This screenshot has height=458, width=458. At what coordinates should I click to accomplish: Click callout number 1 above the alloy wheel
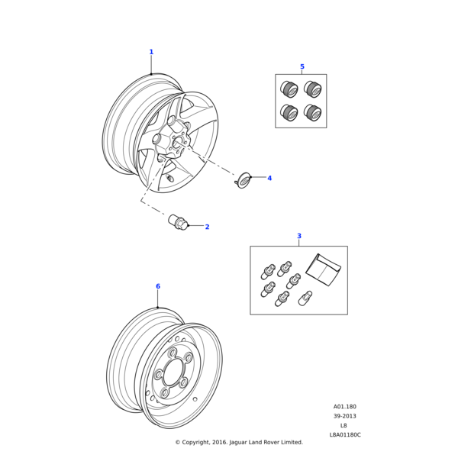pos(151,52)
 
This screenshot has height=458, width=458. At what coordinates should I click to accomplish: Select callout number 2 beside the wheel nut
pos(207,227)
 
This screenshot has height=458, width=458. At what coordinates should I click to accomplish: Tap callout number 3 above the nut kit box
pos(299,236)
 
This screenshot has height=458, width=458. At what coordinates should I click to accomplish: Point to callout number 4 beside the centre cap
pos(269,178)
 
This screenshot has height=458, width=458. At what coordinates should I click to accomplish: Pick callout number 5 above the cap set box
pos(302,66)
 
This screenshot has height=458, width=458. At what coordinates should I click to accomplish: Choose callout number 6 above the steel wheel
pos(158,286)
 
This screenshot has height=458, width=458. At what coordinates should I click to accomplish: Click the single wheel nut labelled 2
pos(179,223)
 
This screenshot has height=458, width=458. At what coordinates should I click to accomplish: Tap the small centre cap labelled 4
pos(244,180)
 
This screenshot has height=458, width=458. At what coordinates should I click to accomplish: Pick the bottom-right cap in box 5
pos(312,112)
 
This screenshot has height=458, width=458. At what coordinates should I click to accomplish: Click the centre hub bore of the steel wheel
pos(173,373)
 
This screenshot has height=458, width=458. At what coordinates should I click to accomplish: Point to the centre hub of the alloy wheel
pos(178,142)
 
